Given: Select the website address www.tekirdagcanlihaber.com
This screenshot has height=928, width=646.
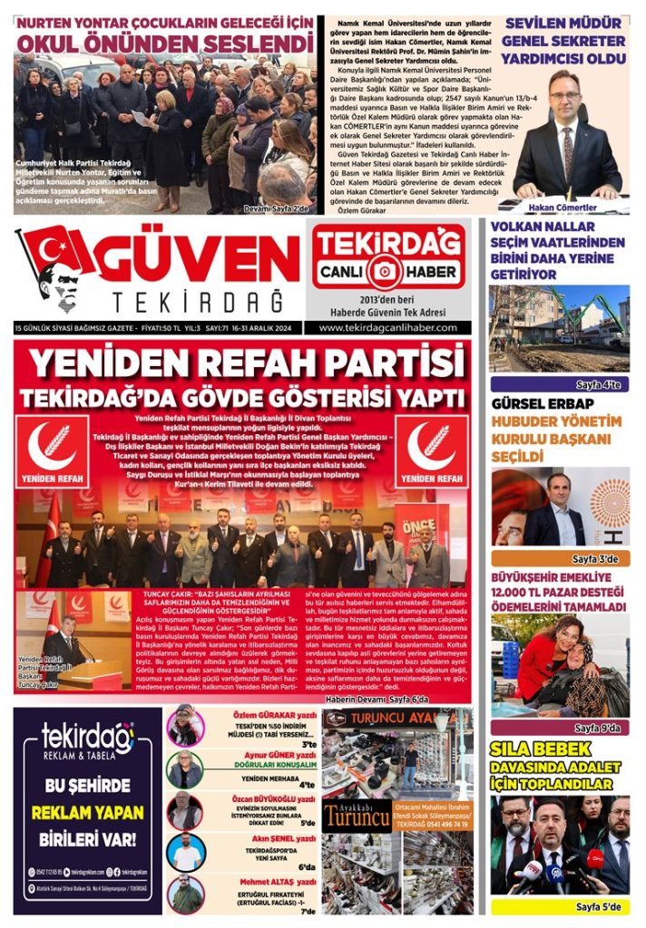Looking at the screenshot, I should [388, 327].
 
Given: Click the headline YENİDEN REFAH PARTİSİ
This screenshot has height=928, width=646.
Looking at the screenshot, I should [242, 363].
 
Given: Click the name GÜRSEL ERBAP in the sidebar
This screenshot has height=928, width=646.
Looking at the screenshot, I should [543, 404].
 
